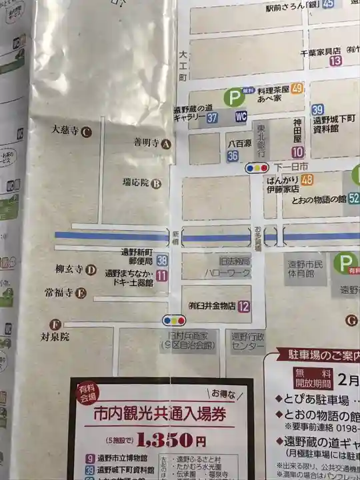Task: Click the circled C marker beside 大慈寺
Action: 86,132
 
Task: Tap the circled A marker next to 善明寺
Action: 167,143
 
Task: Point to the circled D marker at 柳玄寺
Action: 91,270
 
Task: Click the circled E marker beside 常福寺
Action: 81,292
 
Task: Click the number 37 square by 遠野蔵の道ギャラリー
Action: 213,117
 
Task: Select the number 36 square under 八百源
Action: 232,155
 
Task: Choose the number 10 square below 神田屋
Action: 297,152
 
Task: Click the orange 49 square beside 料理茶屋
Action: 297,88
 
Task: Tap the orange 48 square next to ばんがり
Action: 307,179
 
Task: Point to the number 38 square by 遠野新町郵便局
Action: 162,261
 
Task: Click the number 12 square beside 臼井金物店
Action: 243,307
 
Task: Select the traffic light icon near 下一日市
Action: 257,168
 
